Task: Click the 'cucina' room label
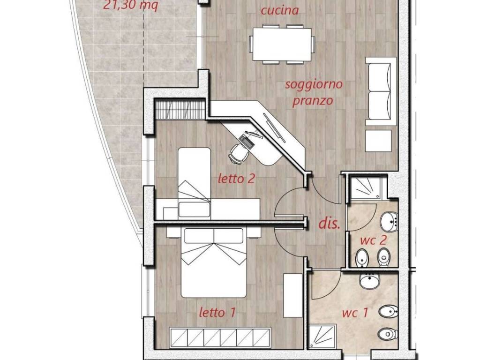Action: (x=280, y=10)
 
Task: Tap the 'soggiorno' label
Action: (x=314, y=84)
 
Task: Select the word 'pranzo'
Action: (x=313, y=101)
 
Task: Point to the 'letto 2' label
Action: (x=236, y=179)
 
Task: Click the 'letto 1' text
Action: (x=217, y=313)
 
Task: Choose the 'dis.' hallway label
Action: (x=330, y=224)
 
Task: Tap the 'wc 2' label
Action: (x=374, y=240)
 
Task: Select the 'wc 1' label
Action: (x=355, y=313)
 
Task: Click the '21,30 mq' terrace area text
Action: (x=131, y=5)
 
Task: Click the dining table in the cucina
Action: (x=282, y=45)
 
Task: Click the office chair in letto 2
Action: (x=239, y=153)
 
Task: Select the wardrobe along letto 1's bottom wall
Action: (x=220, y=337)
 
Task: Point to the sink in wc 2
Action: (x=389, y=221)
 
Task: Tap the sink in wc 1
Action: (x=370, y=280)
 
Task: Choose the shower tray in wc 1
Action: (x=322, y=337)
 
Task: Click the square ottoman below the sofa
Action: (x=378, y=141)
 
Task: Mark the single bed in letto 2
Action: (x=195, y=182)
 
